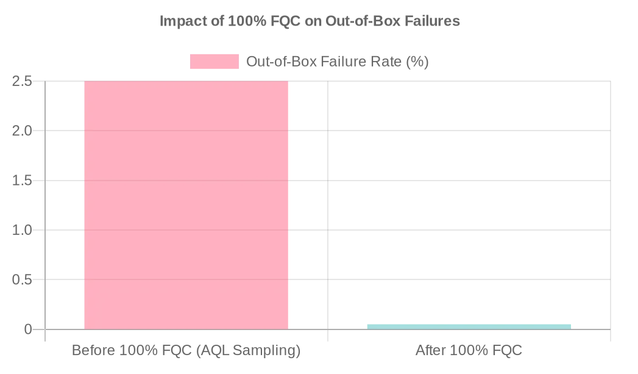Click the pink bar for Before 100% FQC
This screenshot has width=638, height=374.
click(186, 205)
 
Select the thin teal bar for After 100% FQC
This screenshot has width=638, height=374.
click(469, 326)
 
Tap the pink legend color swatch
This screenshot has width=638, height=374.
click(214, 62)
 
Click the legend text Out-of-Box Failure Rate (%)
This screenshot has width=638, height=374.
click(337, 62)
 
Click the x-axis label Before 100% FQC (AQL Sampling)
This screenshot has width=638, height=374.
click(186, 351)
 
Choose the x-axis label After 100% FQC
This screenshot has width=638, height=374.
click(469, 351)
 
